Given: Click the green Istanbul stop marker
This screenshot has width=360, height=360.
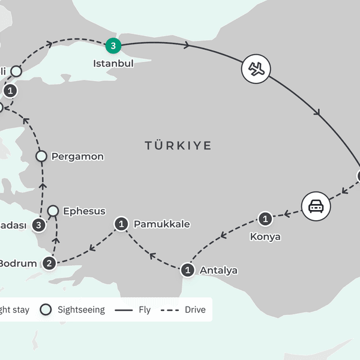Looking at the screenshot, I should click(x=112, y=44).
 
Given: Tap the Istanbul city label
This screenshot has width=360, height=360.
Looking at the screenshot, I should click(x=113, y=62).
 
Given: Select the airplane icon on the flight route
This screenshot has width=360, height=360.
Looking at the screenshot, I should click(x=256, y=69).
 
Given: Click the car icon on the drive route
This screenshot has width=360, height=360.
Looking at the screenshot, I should click(x=316, y=206).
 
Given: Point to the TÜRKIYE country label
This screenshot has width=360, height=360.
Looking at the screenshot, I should click(x=178, y=146).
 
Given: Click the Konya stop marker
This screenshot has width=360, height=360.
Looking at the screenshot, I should click(x=265, y=219).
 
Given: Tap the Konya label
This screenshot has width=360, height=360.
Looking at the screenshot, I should click(x=265, y=236).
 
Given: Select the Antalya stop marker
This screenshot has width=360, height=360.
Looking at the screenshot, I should click(x=188, y=270).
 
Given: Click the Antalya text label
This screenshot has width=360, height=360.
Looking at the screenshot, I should click(x=218, y=270).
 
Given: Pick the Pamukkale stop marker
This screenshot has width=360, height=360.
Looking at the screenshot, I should click(x=122, y=224).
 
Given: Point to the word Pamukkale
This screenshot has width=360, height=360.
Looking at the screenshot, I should click(x=161, y=224).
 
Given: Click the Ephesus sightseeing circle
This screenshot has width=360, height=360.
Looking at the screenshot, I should click(x=53, y=211).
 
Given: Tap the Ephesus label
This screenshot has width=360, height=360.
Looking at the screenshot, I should click(x=84, y=211).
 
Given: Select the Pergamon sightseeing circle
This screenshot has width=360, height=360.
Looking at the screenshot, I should click(x=41, y=157).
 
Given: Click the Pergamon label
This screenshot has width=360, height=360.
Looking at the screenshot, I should click(x=77, y=157).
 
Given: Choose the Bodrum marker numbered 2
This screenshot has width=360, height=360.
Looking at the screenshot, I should click(x=50, y=263).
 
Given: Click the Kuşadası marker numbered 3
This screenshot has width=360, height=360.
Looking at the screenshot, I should click(x=40, y=226).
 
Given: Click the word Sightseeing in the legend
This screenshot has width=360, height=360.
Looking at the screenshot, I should click(x=81, y=310).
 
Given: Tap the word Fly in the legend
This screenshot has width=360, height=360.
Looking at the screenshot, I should click(x=144, y=310).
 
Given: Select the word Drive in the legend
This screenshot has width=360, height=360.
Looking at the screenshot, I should click(x=195, y=310).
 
